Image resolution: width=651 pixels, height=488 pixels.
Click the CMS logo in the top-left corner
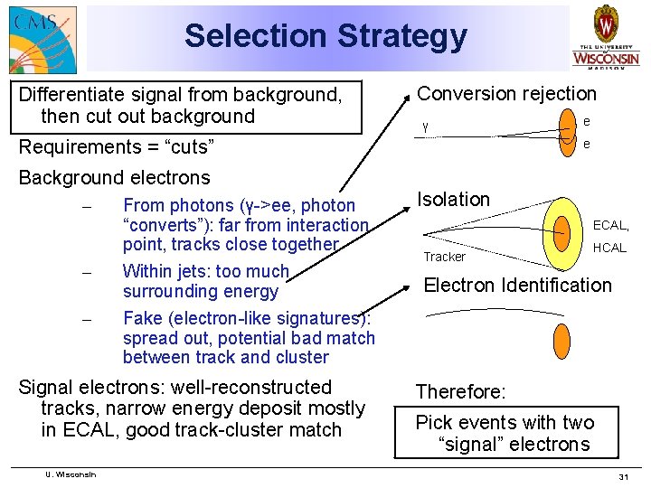pos(42,39)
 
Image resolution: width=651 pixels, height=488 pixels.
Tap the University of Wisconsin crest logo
pos(605,35)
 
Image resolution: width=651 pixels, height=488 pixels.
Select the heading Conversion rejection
pos(506,93)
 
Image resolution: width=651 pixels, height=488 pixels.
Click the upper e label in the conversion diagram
pos(586,120)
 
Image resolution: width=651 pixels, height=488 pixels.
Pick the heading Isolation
pos(453,199)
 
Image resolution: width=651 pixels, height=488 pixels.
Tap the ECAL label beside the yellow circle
pos(610,225)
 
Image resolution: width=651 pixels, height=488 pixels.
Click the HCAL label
pos(609,248)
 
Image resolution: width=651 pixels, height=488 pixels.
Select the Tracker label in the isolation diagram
pos(444,257)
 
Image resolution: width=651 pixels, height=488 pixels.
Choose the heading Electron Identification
pos(517,286)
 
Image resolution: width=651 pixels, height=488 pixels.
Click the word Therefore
pos(460,391)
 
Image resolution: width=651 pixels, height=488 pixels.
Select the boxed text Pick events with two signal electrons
pos(505,433)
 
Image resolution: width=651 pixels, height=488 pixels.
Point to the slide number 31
pos(622,476)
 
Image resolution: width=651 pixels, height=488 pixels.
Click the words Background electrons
pos(114,177)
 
